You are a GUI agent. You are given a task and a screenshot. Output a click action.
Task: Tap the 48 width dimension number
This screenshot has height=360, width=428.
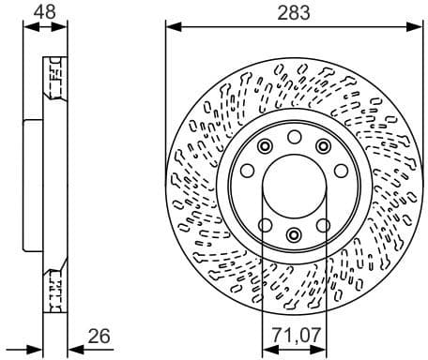(x=44, y=11)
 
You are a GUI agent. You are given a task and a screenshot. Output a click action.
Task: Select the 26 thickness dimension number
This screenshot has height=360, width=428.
(x=99, y=336)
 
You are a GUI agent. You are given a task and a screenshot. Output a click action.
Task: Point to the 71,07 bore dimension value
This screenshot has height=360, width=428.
(x=294, y=336)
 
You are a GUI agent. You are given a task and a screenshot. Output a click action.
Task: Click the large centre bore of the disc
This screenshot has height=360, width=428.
(x=294, y=184)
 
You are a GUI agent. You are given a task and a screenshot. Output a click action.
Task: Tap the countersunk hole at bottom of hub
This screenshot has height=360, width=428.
(x=294, y=234)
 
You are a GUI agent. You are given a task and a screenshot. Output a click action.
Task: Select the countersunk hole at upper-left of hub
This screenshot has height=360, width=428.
(x=265, y=145)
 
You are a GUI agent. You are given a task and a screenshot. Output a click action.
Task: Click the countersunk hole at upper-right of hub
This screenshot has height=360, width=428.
(x=324, y=145)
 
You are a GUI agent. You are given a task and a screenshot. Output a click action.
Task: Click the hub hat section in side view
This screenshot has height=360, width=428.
(x=33, y=183)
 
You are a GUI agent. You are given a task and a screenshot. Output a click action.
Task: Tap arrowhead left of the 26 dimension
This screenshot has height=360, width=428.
(x=37, y=350)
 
